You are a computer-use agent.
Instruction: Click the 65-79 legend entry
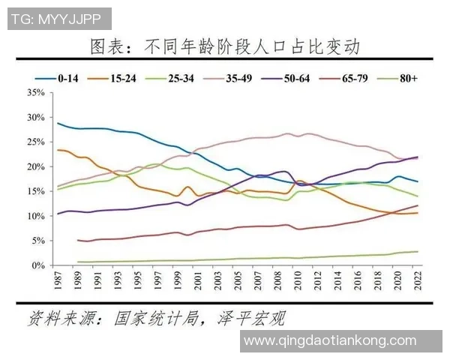358,76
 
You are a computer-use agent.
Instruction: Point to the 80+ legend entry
412,76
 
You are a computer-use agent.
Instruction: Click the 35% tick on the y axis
35,93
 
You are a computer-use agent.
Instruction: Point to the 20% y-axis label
35,167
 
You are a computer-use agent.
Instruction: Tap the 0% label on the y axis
38,265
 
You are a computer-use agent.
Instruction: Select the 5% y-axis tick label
38,241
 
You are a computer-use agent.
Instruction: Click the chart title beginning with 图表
224,48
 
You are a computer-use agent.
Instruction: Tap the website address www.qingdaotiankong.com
331,340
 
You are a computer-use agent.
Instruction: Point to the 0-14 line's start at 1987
58,123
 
